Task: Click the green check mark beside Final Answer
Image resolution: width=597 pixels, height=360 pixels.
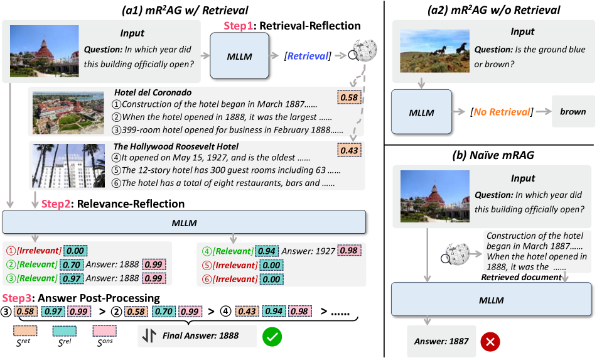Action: tap(272, 335)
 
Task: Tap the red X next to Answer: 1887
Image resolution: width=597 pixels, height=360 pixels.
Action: tap(490, 342)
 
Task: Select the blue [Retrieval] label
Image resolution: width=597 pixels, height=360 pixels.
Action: tap(307, 56)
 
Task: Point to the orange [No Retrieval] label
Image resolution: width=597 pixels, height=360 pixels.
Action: tap(502, 112)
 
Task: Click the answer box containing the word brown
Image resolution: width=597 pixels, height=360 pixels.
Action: tap(573, 112)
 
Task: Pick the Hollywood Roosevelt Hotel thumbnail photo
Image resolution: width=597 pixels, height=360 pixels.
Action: tap(68, 165)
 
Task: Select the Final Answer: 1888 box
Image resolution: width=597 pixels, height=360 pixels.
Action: tap(197, 336)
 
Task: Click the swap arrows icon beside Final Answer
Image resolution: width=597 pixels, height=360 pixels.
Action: tap(149, 336)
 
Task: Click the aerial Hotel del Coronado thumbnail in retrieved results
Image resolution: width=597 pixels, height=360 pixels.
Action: tap(68, 112)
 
